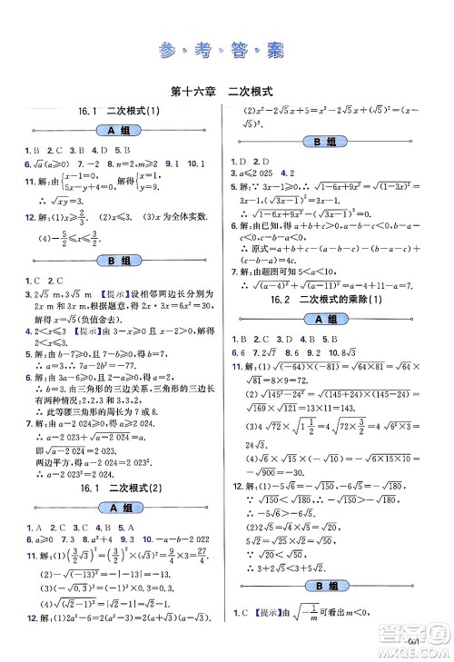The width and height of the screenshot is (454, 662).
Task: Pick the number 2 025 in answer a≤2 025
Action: click(263, 172)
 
